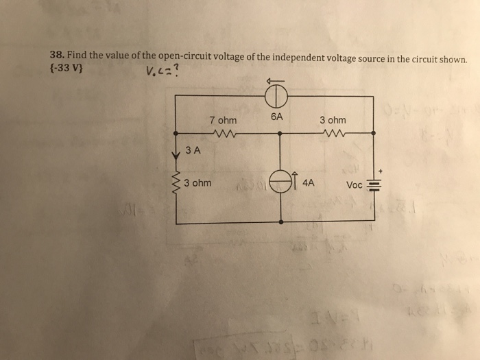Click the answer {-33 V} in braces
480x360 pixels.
tap(67, 69)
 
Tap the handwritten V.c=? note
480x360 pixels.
tap(163, 70)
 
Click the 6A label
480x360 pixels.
tap(276, 117)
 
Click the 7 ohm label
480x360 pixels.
tap(223, 121)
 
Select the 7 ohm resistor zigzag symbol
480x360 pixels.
tap(224, 132)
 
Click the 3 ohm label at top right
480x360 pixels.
tap(333, 120)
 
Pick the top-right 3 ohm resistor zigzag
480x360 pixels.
tap(334, 132)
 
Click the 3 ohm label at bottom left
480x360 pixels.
tap(197, 184)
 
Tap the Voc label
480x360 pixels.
tap(355, 185)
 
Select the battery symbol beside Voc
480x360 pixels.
tap(374, 184)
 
